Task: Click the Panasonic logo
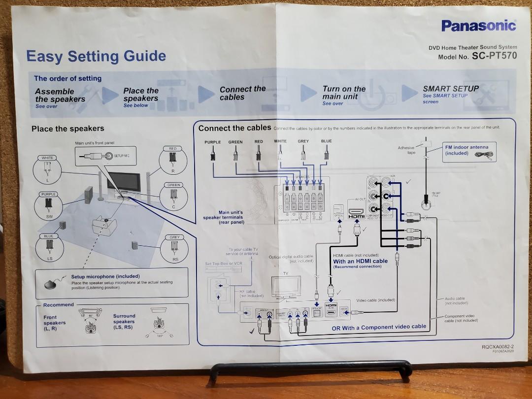478,26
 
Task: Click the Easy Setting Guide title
96,56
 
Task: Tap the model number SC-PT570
495,56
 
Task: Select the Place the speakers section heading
68,129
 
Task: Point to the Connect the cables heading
234,128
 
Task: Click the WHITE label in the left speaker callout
47,158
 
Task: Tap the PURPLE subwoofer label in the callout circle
48,195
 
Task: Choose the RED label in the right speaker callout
173,148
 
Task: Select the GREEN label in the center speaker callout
174,185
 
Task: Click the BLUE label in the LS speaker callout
48,236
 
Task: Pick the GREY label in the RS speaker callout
175,237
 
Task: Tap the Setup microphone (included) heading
105,276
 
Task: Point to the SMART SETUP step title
451,89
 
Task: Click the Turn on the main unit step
344,93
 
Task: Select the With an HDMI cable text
360,261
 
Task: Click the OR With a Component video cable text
379,327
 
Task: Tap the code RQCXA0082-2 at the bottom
498,347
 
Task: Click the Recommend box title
58,305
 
